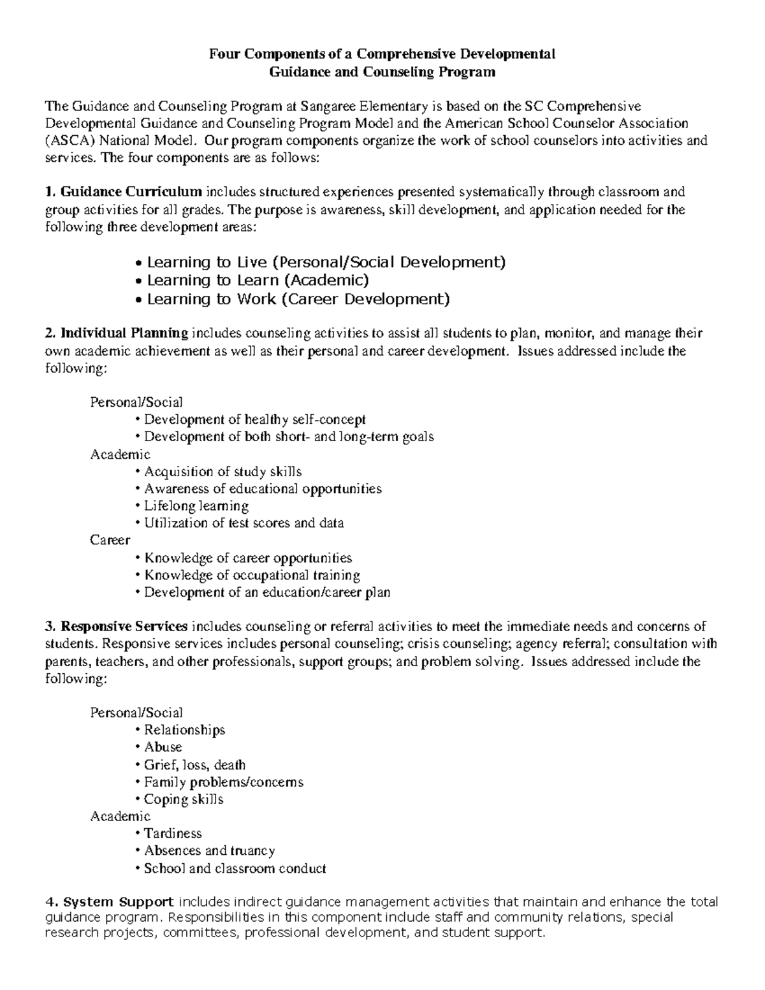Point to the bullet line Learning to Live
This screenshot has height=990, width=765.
(326, 262)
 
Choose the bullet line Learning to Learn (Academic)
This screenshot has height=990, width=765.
(258, 280)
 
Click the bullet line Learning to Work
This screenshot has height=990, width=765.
(298, 299)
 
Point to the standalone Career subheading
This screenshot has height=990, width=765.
(110, 541)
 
